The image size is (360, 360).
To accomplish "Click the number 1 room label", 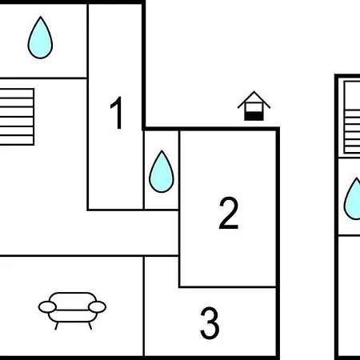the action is tap(117, 113).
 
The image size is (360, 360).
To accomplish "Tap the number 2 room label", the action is tap(229, 213).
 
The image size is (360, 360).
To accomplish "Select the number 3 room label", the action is tap(210, 323).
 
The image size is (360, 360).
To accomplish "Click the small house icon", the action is tap(254, 106).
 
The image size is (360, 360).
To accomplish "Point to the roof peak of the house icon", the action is tap(254, 92).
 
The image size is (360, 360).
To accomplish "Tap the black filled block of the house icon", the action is tap(254, 116).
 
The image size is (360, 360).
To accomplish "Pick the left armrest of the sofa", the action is tap(47, 307).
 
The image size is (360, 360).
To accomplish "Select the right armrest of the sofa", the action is tap(97, 307).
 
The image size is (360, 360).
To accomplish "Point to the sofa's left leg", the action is tap(57, 326).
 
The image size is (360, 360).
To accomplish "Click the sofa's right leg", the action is tap(90, 326).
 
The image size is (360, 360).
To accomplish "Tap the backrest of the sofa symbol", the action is tap(73, 302).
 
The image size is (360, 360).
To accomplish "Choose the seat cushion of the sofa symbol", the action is tap(72, 316).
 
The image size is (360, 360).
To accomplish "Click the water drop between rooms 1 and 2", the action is tap(162, 171).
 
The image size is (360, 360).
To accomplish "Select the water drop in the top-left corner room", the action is tap(40, 38).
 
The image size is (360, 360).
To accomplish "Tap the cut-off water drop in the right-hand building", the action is tap(353, 198).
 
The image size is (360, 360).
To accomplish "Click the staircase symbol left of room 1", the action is tap(17, 117).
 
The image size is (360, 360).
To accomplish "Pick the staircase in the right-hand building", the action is tap(352, 118).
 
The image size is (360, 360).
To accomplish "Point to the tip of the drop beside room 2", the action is tap(162, 150).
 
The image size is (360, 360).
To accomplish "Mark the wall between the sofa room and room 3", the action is tap(144, 306).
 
